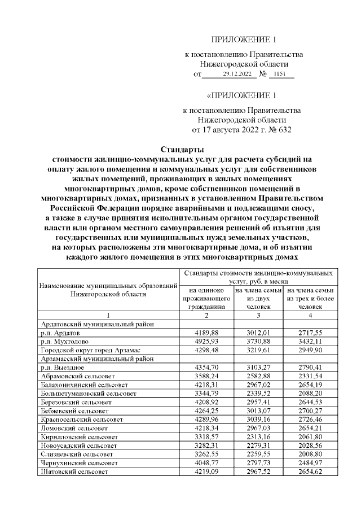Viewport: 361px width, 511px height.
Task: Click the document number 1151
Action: (x=279, y=74)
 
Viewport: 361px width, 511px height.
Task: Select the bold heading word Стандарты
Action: (x=180, y=150)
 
